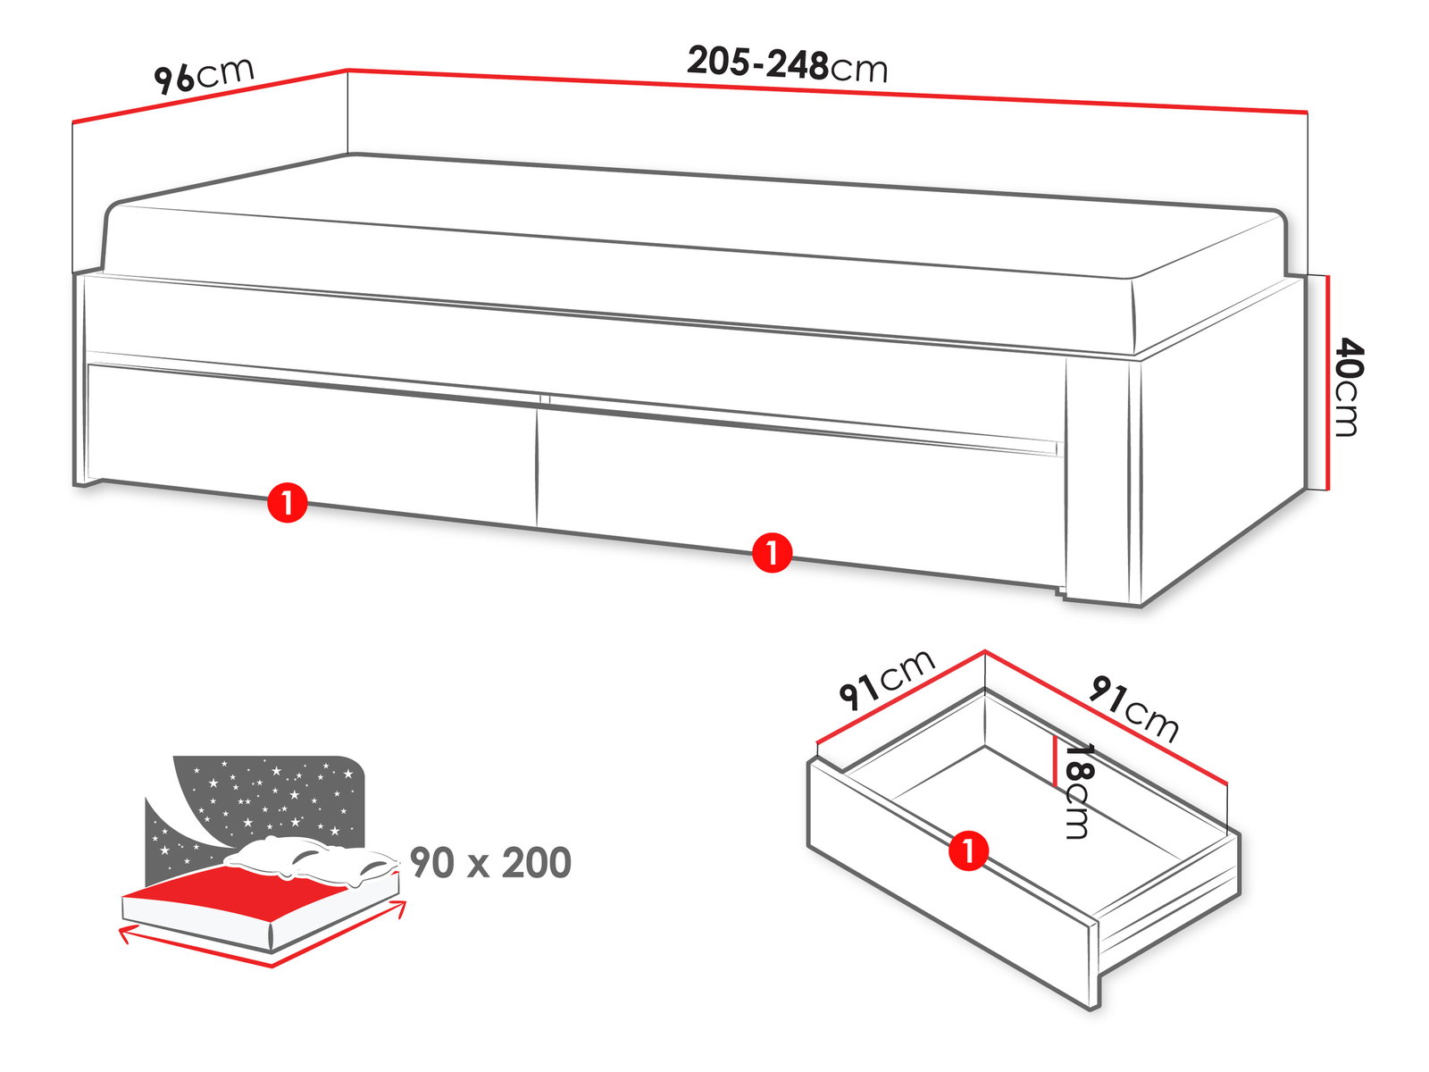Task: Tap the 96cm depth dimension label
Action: (204, 76)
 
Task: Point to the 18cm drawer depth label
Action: (1077, 791)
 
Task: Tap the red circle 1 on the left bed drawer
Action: (287, 502)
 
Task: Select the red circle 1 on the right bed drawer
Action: (773, 553)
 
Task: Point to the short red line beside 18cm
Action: (1054, 760)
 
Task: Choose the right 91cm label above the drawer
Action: (1133, 708)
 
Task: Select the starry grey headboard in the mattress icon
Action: (261, 806)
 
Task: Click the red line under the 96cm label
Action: (209, 95)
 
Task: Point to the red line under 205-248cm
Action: (827, 90)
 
